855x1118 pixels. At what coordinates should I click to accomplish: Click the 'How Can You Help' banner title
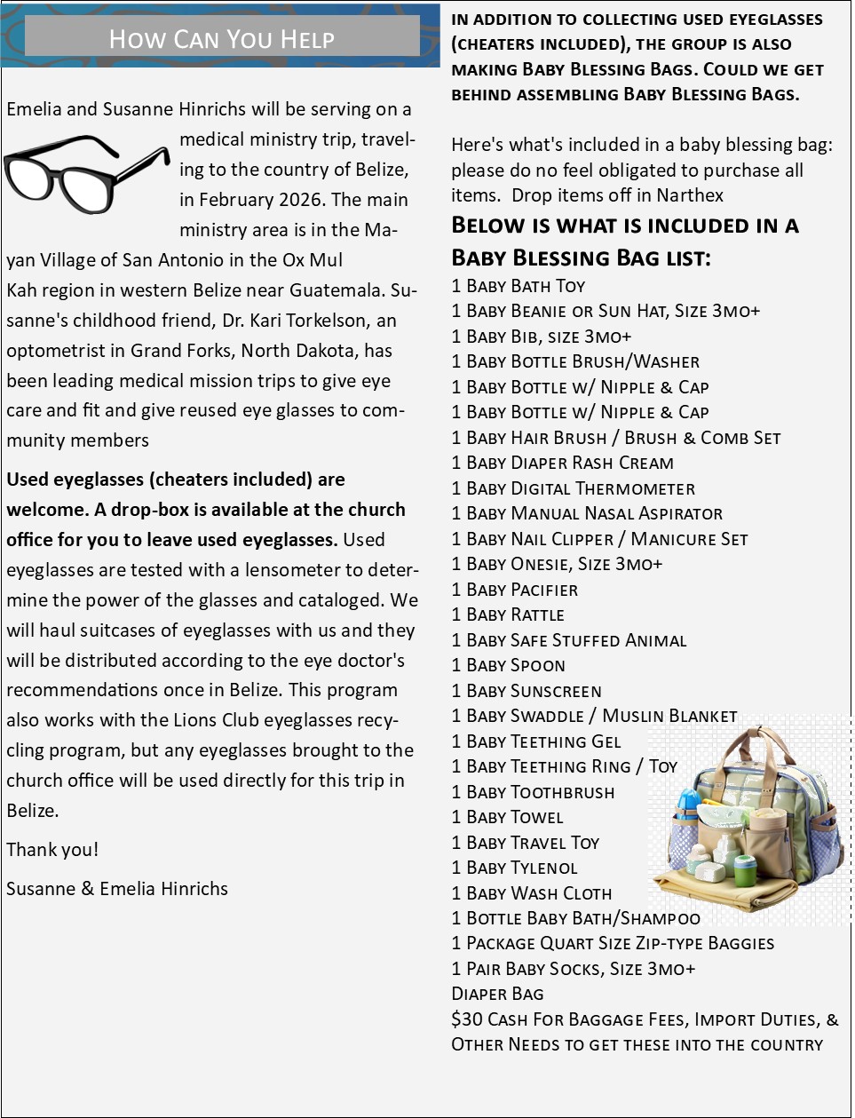[x=221, y=38]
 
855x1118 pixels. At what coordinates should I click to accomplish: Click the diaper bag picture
[x=748, y=821]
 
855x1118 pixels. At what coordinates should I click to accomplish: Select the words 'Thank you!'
[x=52, y=850]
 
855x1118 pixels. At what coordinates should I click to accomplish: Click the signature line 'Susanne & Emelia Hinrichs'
[x=117, y=889]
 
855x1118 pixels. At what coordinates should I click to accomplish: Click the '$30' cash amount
[x=466, y=1019]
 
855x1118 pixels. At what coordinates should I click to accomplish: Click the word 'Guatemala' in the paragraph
[x=338, y=290]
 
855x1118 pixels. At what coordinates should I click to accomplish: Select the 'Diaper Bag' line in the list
[x=497, y=994]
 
